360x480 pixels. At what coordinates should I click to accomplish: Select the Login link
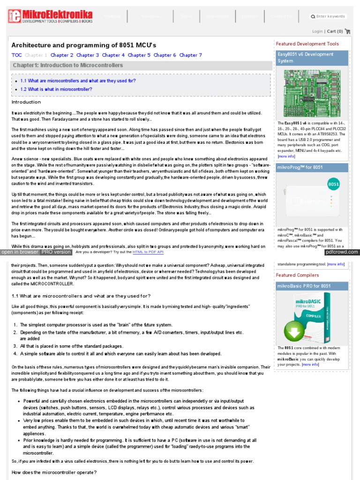click(x=317, y=31)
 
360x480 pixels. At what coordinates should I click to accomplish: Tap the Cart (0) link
click(x=335, y=31)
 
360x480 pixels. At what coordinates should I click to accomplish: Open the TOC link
click(x=16, y=55)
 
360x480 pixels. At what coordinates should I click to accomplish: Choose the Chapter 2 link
click(x=62, y=55)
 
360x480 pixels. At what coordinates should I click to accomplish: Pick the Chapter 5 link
click(x=139, y=55)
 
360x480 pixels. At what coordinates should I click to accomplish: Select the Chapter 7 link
click(x=191, y=55)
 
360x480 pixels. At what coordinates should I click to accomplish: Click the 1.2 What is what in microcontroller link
click(x=56, y=89)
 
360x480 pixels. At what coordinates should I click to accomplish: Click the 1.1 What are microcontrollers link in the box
click(x=78, y=81)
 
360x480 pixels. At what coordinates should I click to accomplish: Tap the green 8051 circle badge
click(x=333, y=184)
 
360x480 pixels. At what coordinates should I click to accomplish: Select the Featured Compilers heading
click(x=297, y=275)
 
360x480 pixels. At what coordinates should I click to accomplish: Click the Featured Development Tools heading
click(x=307, y=44)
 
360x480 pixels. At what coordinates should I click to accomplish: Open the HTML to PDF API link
click(x=148, y=252)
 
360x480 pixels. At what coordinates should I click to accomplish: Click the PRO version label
click(x=56, y=252)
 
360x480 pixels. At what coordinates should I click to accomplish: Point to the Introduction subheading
click(x=26, y=102)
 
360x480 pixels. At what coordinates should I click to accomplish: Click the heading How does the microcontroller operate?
click(x=54, y=472)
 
